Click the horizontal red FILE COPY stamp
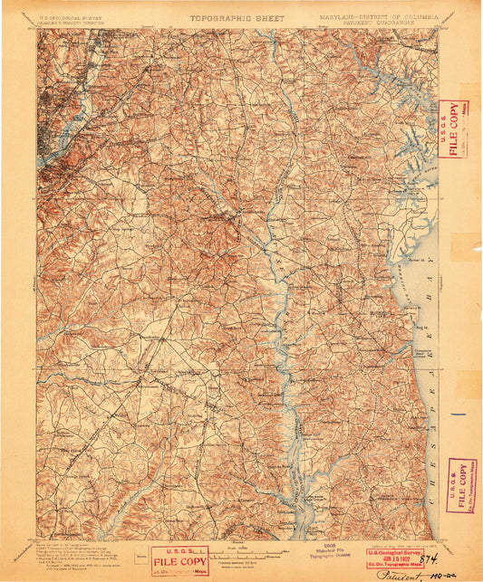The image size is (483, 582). click(x=180, y=559)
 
